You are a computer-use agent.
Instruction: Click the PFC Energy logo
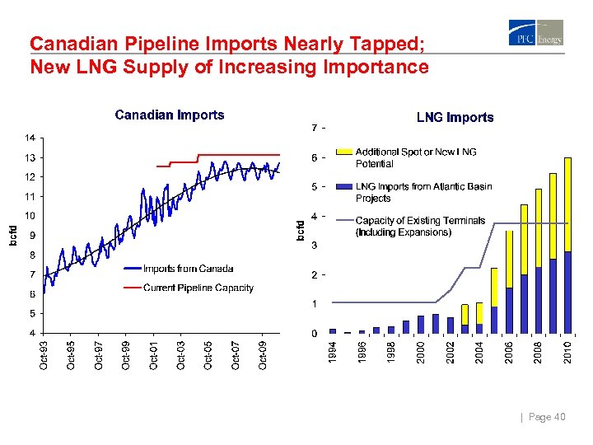click(536, 34)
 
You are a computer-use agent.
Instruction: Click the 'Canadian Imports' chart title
click(169, 115)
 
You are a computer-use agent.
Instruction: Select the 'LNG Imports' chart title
click(455, 118)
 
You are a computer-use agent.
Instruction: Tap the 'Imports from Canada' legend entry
click(188, 269)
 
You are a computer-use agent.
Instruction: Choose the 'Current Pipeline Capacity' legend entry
click(198, 288)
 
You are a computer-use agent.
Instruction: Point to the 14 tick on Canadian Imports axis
click(29, 138)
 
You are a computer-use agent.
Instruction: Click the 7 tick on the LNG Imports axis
click(315, 129)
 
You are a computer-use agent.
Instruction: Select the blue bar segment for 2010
click(567, 293)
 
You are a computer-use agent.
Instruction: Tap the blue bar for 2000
click(421, 325)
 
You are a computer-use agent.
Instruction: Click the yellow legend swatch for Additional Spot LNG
click(343, 152)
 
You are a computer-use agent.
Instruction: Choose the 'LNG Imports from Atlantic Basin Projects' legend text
click(423, 192)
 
